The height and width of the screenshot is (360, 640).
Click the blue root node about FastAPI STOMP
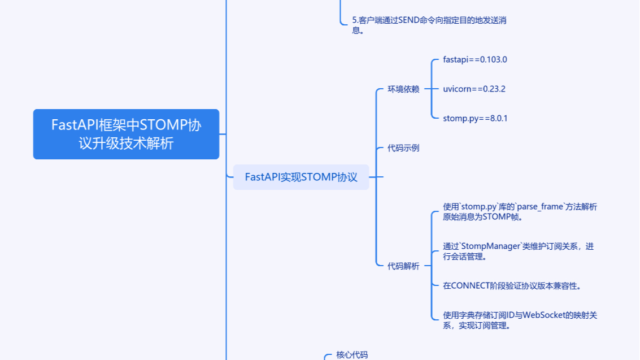point(126,134)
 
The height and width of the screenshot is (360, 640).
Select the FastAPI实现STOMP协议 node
point(301,177)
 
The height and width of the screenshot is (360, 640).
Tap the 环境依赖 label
point(403,89)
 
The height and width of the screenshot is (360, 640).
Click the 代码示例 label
point(403,148)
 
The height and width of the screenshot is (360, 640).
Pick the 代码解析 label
point(403,266)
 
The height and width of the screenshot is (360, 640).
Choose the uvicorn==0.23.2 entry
point(474,89)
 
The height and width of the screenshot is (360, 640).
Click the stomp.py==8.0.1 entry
point(475,118)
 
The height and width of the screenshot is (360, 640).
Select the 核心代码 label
point(352,355)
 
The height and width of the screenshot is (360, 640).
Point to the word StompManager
point(490,246)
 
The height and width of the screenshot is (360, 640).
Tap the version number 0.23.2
point(493,89)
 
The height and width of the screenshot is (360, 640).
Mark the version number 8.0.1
point(497,118)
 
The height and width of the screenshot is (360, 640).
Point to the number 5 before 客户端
point(354,20)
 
